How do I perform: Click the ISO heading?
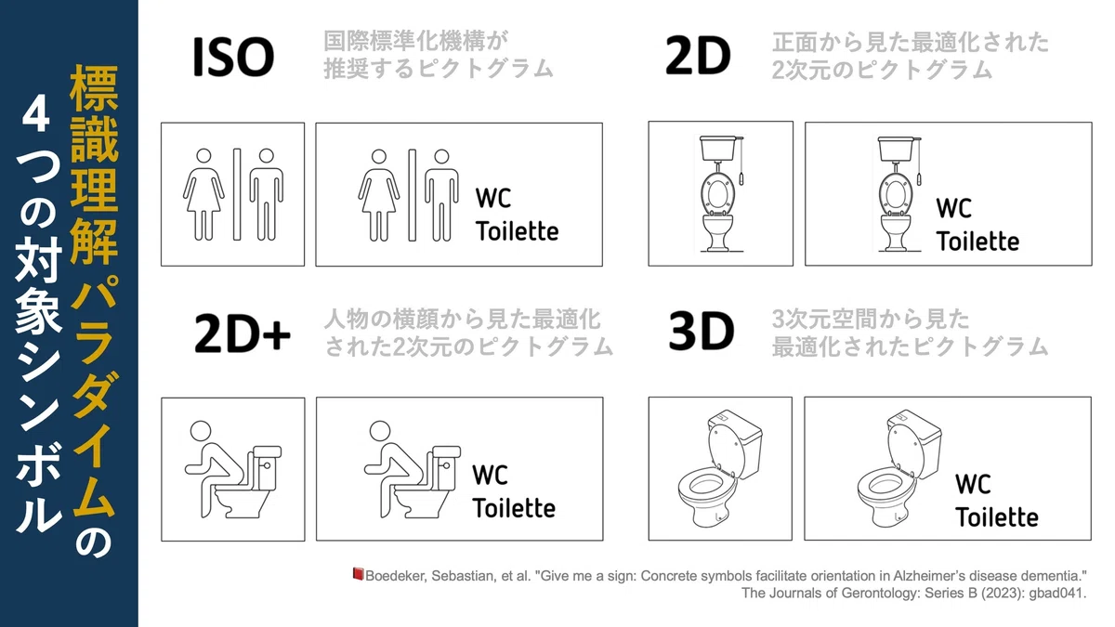pos(233,58)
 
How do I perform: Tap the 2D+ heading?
pos(243,333)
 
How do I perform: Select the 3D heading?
pos(702,331)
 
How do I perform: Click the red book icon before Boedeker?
pos(358,574)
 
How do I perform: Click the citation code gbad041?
pos(1057,593)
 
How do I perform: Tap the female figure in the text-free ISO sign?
pos(203,194)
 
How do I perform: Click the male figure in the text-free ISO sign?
pos(267,194)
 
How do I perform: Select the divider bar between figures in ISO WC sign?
pos(413,195)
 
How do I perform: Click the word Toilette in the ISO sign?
pos(518,231)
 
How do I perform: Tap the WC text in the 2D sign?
pos(953,208)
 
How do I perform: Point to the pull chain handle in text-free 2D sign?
pos(741,178)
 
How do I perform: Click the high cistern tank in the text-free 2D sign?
pos(718,149)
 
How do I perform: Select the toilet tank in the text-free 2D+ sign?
pos(268,468)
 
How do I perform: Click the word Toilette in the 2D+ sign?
pos(514,508)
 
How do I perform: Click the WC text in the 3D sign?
pos(973,484)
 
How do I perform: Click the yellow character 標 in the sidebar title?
pos(94,88)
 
